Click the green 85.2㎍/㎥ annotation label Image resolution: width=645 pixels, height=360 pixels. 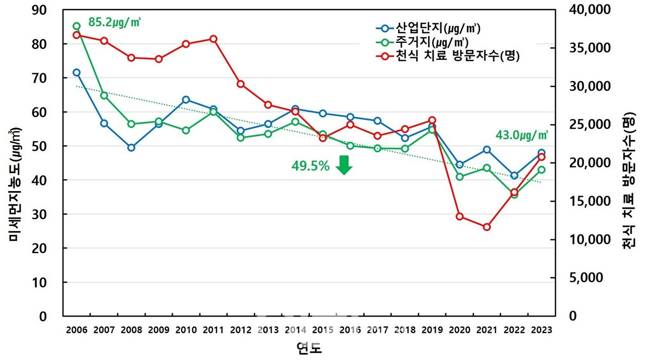114,23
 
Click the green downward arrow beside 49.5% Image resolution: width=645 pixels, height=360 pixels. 344,165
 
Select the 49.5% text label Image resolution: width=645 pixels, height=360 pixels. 310,165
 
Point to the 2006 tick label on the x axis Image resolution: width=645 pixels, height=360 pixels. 77,330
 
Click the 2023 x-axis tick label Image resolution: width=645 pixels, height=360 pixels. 541,330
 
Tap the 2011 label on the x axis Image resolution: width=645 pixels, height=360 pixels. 213,330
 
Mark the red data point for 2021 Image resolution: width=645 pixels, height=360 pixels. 486,227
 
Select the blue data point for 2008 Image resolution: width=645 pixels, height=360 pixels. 131,148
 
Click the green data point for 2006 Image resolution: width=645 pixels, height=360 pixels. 77,26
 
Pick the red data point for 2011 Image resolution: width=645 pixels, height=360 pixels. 213,39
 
